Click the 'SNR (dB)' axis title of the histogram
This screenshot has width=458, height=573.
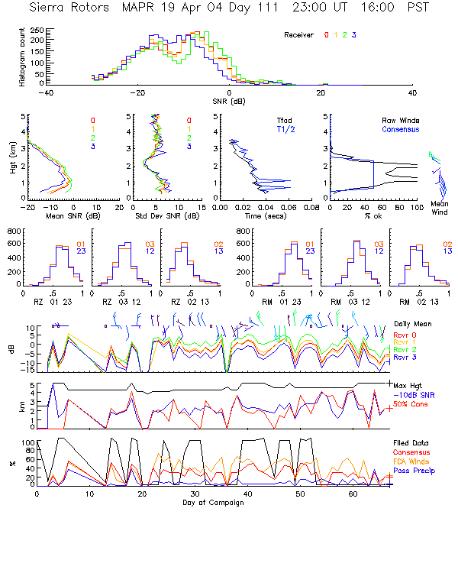(229, 101)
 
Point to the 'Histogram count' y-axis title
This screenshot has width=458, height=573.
(23, 57)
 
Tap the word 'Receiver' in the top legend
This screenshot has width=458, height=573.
(299, 35)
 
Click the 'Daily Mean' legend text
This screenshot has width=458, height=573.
(411, 324)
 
